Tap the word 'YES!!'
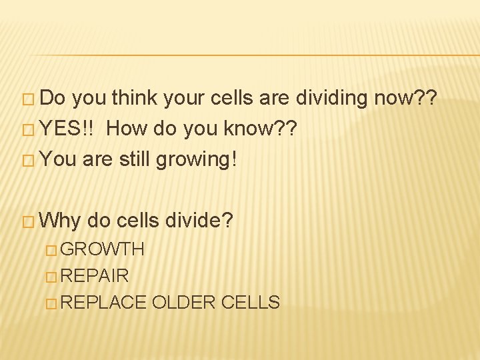(69, 129)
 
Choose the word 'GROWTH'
(106, 249)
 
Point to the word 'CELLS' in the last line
(250, 302)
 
